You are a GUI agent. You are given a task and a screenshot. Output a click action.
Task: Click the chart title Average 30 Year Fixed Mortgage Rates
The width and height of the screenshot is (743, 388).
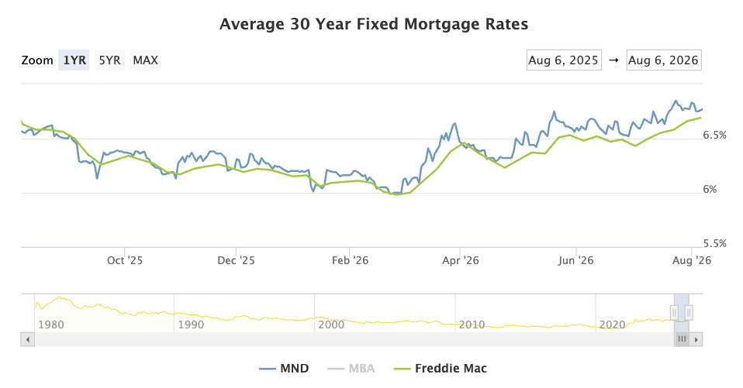point(374,24)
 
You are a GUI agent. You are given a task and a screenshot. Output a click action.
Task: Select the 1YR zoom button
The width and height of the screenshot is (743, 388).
point(74,60)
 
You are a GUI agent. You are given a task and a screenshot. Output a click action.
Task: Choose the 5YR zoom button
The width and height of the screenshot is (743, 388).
point(109,60)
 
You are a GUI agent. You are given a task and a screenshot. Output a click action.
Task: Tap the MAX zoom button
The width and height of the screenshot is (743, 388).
point(146,60)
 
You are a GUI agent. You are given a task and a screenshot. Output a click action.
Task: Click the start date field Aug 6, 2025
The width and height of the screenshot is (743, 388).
point(564,60)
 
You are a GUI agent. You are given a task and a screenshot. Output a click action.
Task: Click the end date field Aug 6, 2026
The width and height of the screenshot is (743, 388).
point(663,60)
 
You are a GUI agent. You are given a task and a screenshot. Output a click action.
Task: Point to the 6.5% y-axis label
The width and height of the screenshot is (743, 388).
point(714,136)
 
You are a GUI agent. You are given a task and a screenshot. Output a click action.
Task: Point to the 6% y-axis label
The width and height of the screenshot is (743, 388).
point(710,189)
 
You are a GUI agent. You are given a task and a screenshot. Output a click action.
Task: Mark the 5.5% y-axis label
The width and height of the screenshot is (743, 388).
point(714,244)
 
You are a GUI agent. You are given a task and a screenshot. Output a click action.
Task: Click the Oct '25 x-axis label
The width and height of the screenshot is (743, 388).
point(125,260)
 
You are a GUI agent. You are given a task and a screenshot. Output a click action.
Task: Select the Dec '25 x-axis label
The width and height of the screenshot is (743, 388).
point(236,260)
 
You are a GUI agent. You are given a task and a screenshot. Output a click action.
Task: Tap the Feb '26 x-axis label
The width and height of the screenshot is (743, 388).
point(351,260)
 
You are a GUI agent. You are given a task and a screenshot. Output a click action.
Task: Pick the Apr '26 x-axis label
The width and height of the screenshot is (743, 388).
point(461,260)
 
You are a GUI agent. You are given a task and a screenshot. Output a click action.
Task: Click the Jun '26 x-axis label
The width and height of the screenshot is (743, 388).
point(575,260)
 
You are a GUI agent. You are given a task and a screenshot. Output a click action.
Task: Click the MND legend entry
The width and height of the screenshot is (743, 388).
point(284,369)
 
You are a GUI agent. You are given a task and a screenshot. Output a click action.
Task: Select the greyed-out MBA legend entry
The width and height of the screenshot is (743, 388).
point(351,369)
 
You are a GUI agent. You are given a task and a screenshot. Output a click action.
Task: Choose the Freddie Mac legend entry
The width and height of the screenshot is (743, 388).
point(441,369)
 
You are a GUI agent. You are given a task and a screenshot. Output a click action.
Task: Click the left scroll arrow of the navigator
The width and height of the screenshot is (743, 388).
point(27,339)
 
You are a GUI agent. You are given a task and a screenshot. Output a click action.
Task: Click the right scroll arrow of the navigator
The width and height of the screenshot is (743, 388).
point(696,339)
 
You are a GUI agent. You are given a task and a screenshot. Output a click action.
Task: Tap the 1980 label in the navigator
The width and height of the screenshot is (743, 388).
point(50,324)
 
